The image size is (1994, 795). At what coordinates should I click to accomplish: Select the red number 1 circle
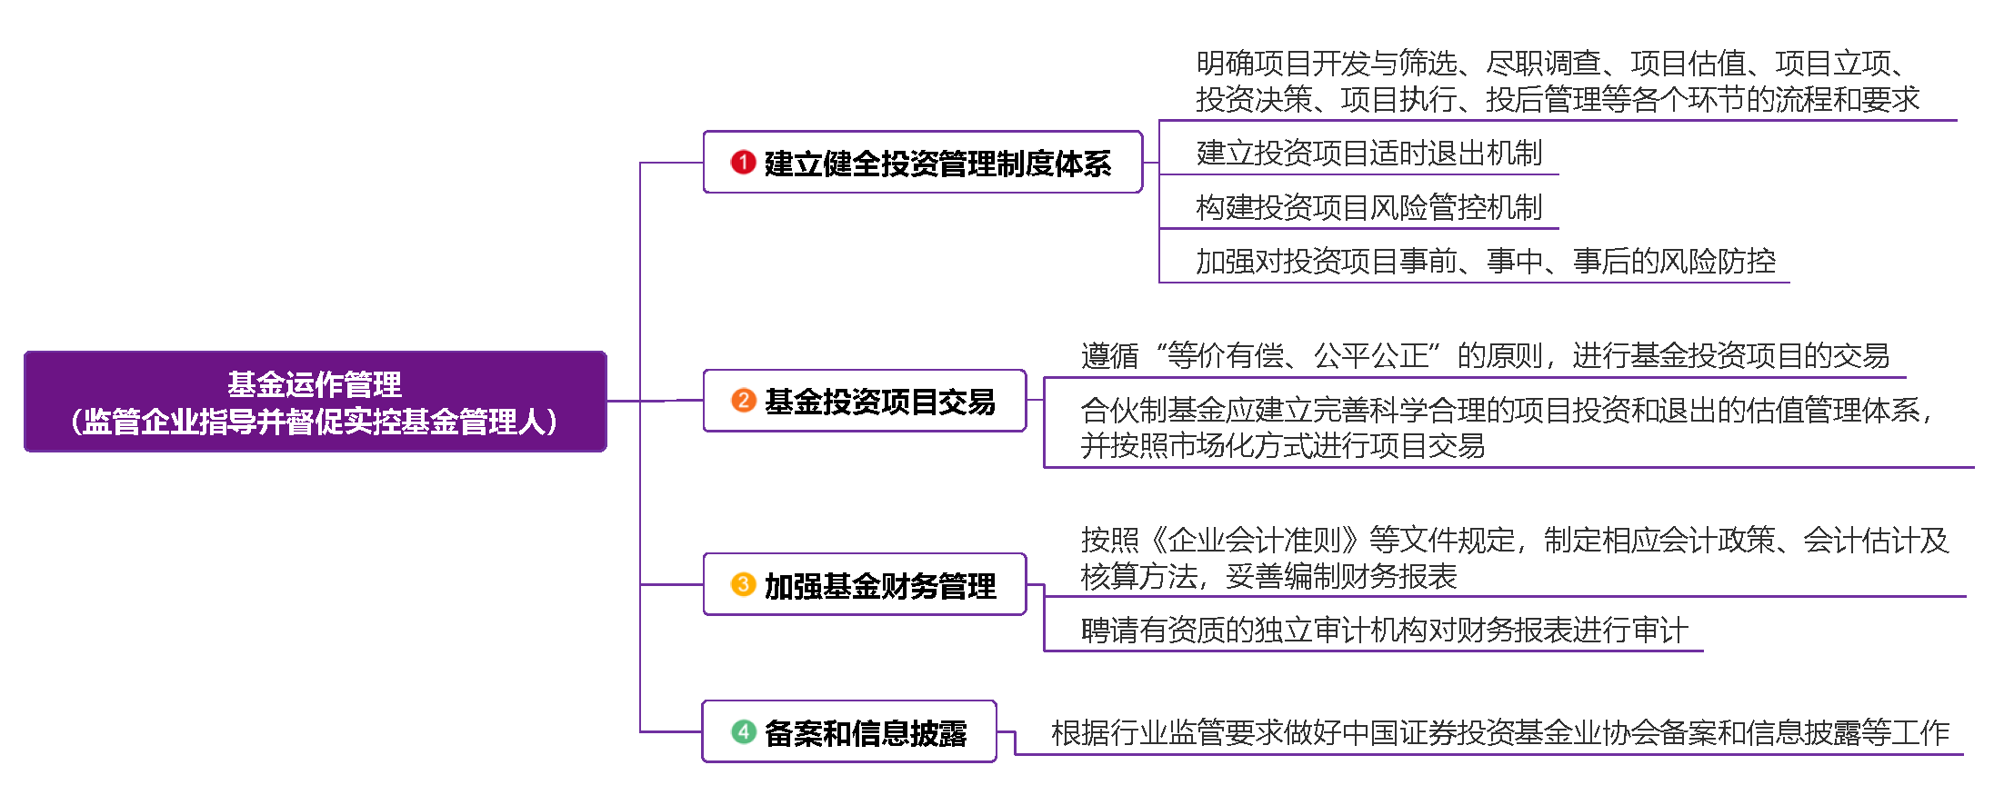(x=743, y=162)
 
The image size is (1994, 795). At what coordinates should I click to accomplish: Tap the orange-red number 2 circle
(x=743, y=400)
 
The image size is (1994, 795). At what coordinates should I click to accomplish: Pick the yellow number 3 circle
(x=743, y=584)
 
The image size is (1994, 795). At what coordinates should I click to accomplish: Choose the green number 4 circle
(x=743, y=731)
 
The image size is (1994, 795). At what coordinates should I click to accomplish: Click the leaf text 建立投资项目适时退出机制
(x=1368, y=153)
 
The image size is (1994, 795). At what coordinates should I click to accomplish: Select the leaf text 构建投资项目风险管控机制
(x=1368, y=207)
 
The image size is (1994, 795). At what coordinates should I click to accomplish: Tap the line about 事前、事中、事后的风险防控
(x=1485, y=262)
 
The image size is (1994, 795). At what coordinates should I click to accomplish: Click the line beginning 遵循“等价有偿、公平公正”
(x=1485, y=355)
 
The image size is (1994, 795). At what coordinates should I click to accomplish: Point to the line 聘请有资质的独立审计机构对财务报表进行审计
(x=1384, y=630)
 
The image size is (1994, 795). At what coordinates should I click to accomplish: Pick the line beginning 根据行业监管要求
(x=1499, y=732)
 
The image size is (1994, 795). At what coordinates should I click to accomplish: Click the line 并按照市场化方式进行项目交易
(x=1282, y=446)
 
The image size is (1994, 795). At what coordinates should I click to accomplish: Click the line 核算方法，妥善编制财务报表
(x=1268, y=576)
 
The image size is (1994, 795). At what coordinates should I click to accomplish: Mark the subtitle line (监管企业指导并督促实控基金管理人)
(x=315, y=422)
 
